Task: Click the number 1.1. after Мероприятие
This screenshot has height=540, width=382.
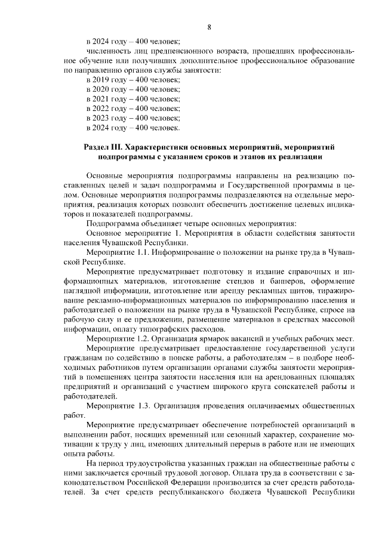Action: coord(140,252)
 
